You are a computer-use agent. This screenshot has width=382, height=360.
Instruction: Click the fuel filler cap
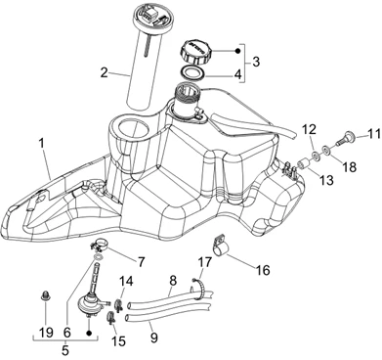tap(195, 52)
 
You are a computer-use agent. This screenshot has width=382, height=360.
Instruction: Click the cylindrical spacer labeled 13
tap(305, 162)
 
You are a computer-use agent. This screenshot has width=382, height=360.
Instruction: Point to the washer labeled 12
tap(316, 156)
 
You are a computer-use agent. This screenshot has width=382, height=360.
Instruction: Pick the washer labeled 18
tap(326, 150)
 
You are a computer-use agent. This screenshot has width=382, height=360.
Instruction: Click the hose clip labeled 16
tap(221, 243)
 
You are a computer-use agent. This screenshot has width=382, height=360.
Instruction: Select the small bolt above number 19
tap(45, 296)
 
